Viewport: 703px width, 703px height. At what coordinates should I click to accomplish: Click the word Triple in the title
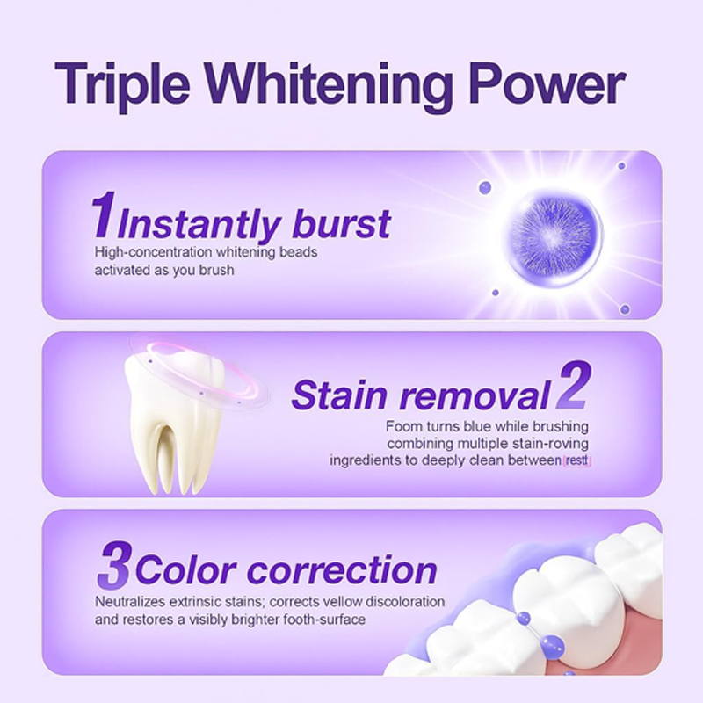pos(122,85)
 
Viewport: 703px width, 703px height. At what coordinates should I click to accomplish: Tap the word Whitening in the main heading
pos(329,85)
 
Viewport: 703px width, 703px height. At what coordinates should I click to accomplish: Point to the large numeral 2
pos(573,386)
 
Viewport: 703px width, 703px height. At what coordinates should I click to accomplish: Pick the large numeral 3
pos(114,564)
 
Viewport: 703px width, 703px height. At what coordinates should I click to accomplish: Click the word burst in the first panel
pos(341,223)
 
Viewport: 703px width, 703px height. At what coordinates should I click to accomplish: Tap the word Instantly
pos(199,227)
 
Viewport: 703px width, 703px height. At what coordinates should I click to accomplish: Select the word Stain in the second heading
pos(339,395)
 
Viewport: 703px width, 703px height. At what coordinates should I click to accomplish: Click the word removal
pos(475,395)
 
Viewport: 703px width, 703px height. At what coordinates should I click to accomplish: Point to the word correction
pos(342,570)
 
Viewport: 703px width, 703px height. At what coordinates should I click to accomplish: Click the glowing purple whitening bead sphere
pos(554,236)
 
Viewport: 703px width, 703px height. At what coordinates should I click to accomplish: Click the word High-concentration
pos(153,252)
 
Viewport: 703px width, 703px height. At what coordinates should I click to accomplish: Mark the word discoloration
pos(406,602)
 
